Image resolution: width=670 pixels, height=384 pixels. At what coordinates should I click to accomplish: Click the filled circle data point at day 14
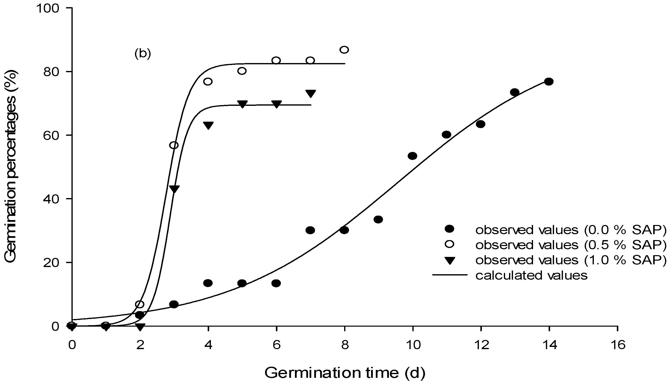[549, 82]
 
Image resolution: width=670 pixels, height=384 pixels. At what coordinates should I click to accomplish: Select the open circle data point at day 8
[344, 50]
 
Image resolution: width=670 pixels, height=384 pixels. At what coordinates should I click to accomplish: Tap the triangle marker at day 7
[310, 93]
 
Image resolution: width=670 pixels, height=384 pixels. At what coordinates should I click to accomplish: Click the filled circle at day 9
[378, 219]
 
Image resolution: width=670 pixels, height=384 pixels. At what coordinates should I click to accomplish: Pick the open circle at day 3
[174, 145]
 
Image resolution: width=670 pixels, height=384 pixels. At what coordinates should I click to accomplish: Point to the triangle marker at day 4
[208, 125]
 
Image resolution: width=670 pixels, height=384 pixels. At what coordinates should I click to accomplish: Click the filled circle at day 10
[412, 156]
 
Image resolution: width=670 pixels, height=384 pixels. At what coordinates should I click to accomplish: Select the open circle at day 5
[242, 71]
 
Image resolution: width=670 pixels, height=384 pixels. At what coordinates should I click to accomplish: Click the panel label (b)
[143, 54]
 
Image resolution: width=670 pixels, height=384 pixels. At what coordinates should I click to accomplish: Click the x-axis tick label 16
[618, 345]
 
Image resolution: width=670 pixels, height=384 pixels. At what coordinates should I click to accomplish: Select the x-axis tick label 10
[413, 345]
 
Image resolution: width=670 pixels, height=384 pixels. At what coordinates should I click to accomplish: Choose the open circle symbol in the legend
[449, 244]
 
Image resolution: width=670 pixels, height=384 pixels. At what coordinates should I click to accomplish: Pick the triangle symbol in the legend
[449, 261]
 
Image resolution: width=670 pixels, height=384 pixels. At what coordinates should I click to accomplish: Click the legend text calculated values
[532, 275]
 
